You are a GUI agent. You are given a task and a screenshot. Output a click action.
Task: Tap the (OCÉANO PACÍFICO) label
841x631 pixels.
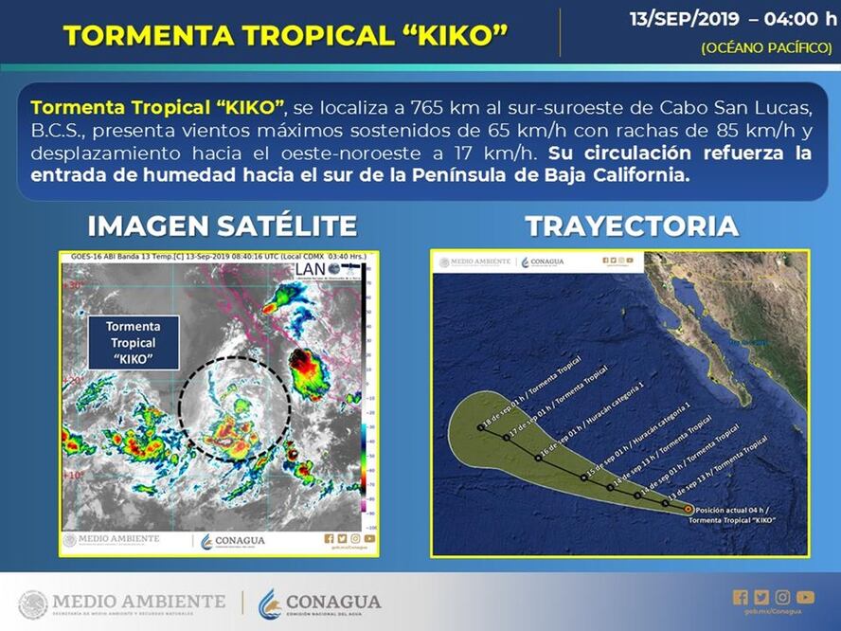(x=766, y=47)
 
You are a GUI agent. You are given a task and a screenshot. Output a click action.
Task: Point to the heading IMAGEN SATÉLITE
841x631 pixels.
(x=223, y=225)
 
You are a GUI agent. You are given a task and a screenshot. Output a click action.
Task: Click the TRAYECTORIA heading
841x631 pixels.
(x=632, y=225)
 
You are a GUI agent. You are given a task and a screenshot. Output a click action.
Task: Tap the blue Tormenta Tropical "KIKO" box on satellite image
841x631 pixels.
(x=133, y=342)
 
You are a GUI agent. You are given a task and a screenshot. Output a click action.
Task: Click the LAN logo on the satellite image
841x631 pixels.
(x=311, y=268)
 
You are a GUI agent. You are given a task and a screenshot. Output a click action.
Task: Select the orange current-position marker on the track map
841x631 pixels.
(x=687, y=509)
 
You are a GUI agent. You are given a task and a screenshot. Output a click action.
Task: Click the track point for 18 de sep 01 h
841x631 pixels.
(x=481, y=427)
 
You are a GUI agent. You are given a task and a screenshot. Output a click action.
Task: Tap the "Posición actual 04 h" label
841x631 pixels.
(x=734, y=509)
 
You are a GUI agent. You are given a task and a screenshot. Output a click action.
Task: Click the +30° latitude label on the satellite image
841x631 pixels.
(x=74, y=284)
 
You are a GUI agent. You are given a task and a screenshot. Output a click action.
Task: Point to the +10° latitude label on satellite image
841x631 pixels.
(x=74, y=475)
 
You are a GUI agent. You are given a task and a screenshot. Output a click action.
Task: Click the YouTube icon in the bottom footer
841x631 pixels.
(x=805, y=597)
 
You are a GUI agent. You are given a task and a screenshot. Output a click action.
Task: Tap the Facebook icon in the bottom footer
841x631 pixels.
(x=740, y=597)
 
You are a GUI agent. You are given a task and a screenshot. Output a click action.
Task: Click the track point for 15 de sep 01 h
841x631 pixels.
(x=584, y=477)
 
